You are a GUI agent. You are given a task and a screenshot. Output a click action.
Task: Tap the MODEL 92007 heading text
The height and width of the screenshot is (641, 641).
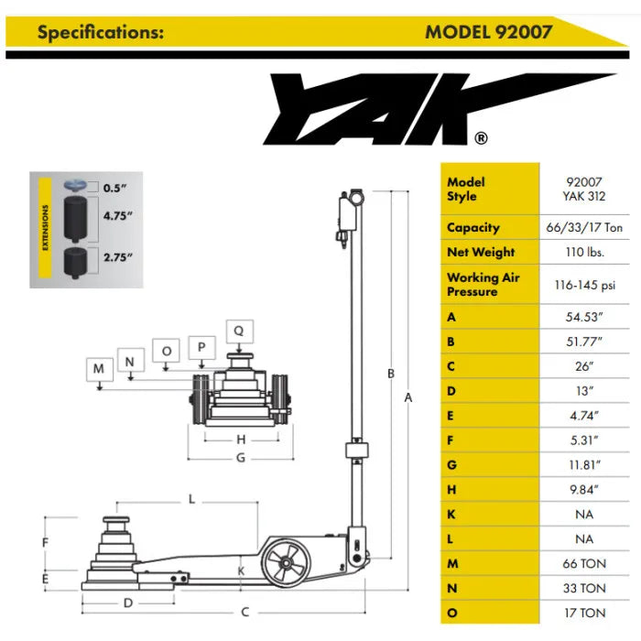pos(488,32)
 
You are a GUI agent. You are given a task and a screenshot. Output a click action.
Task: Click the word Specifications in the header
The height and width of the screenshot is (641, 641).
pos(101,32)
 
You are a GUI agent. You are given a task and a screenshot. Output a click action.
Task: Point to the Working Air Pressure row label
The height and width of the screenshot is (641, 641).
pos(485,284)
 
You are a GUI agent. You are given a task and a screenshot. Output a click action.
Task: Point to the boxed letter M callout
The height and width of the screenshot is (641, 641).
pos(98,369)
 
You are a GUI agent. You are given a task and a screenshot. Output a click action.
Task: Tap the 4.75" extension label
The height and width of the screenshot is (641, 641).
pos(117,216)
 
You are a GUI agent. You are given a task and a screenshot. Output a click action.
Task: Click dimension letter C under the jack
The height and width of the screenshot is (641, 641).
pos(245,611)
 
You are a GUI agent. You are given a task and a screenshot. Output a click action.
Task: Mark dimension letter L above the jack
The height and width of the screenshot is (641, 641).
pos(191,499)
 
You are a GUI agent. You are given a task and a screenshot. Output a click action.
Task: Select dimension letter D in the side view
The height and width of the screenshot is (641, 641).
pos(129,603)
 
